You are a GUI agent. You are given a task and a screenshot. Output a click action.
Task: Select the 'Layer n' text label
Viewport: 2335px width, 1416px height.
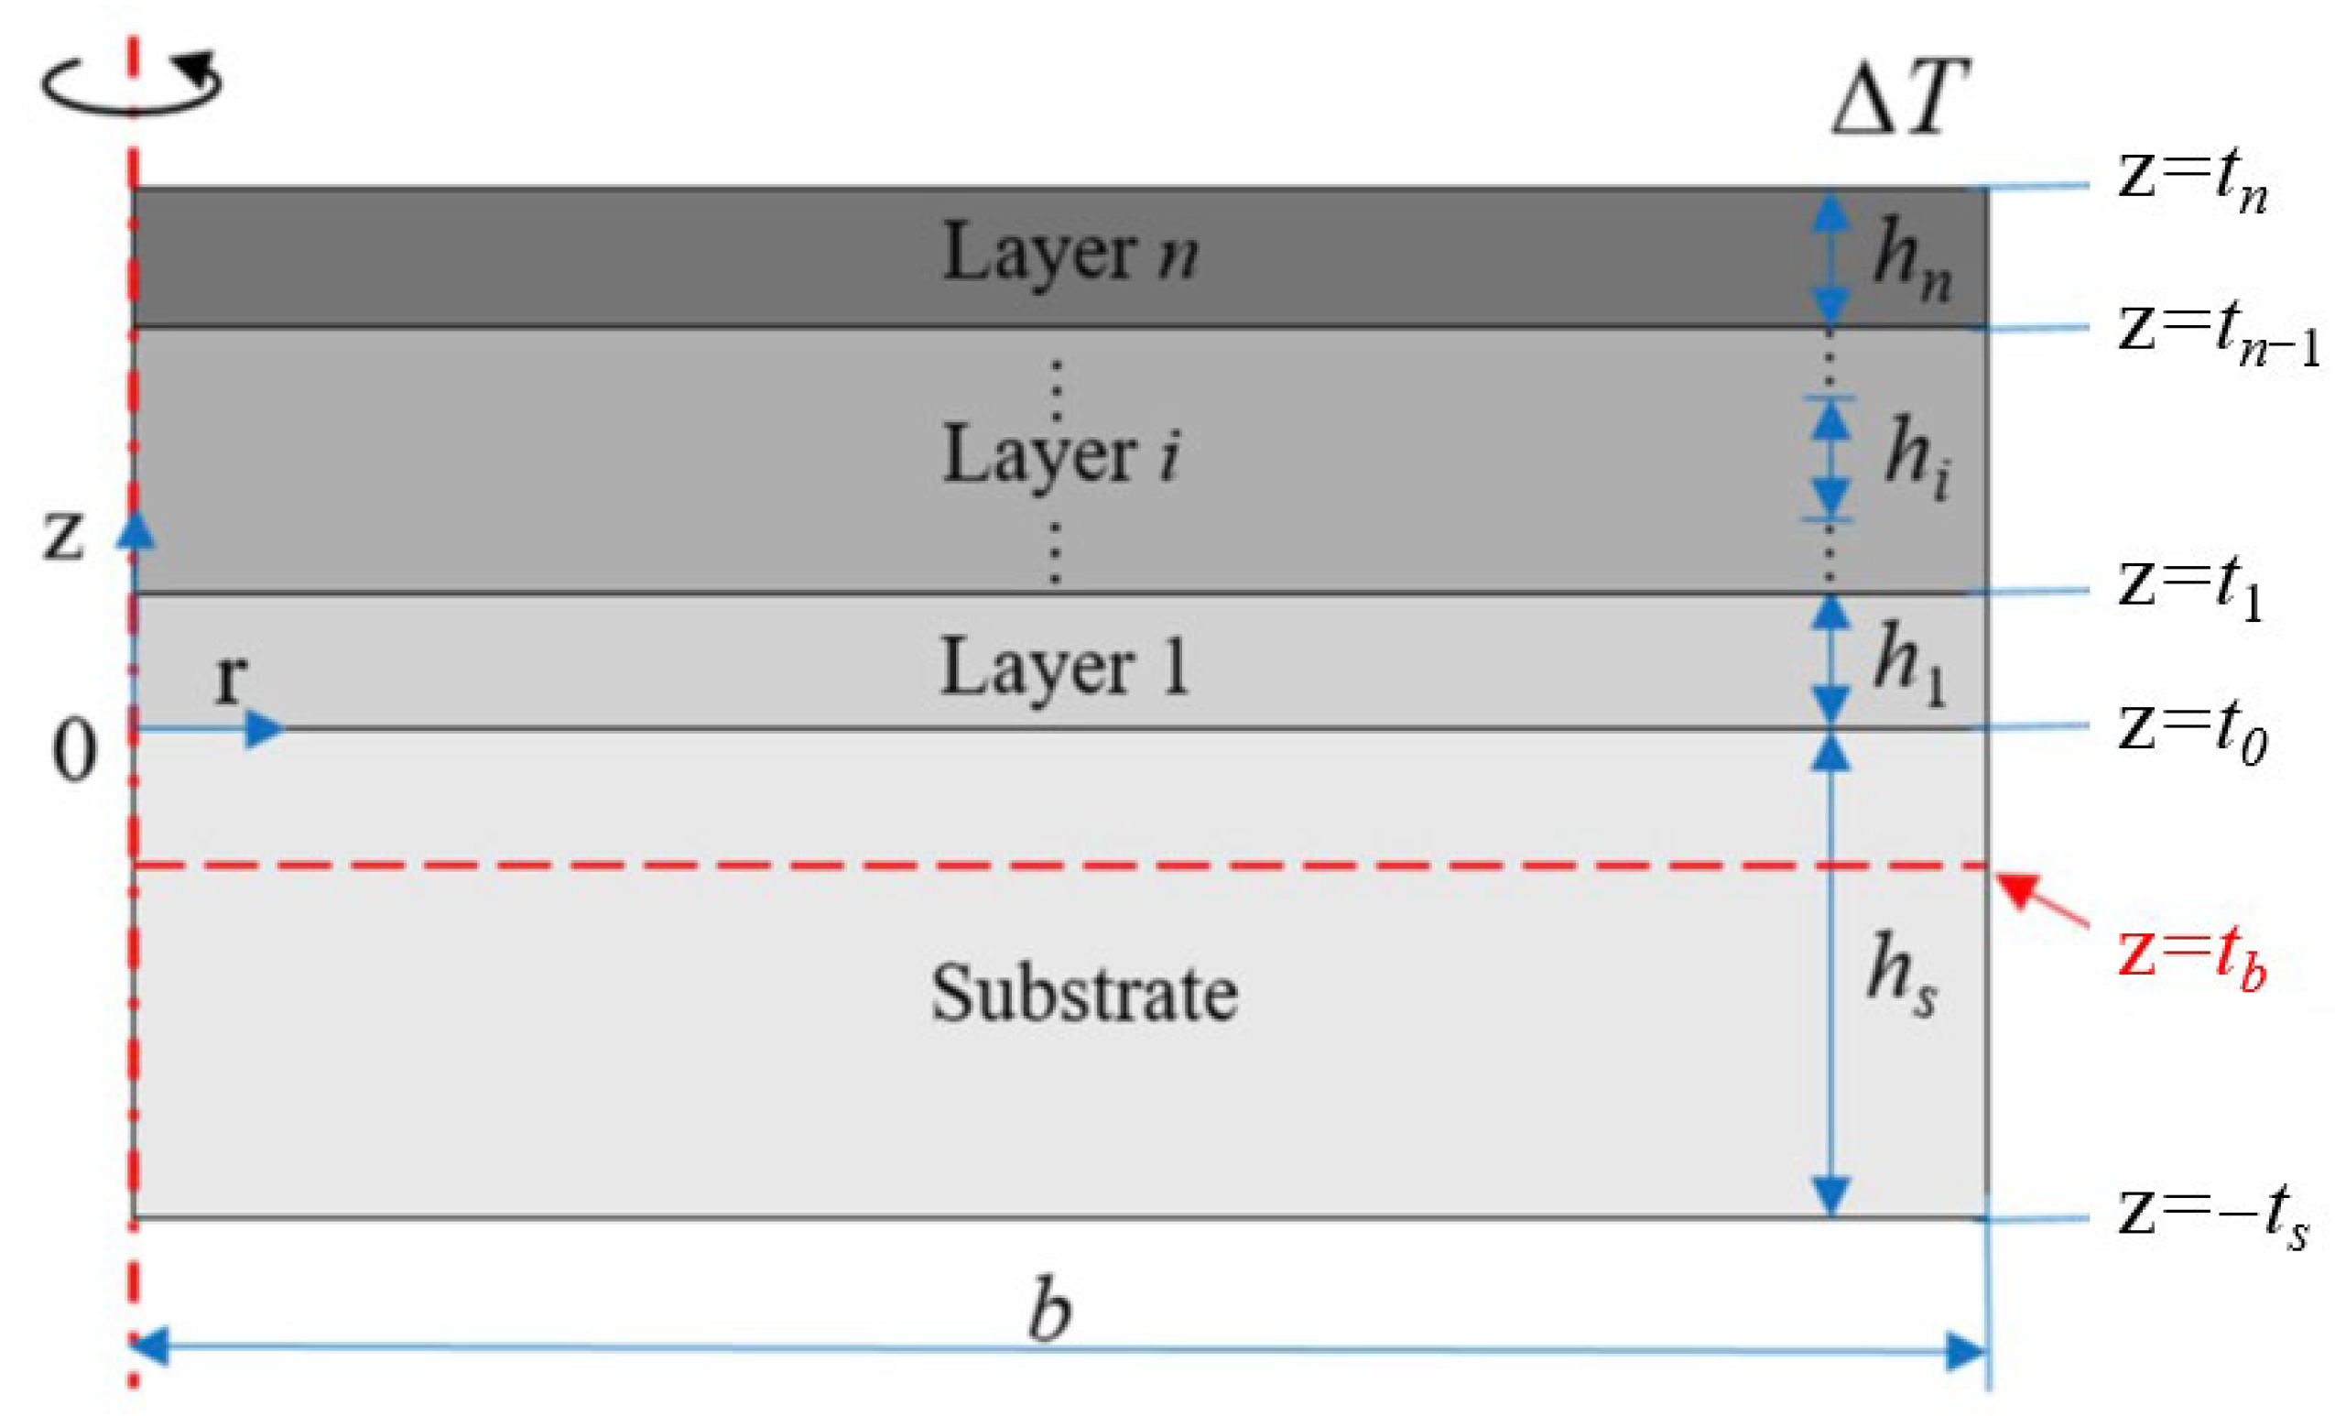(1069, 254)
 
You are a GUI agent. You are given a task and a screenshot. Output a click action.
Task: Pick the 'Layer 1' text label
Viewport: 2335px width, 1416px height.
(1063, 669)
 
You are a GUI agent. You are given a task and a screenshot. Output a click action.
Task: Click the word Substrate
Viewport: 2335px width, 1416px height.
(1084, 993)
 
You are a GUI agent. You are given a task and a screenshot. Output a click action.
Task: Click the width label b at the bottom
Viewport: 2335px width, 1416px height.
(1050, 1310)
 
